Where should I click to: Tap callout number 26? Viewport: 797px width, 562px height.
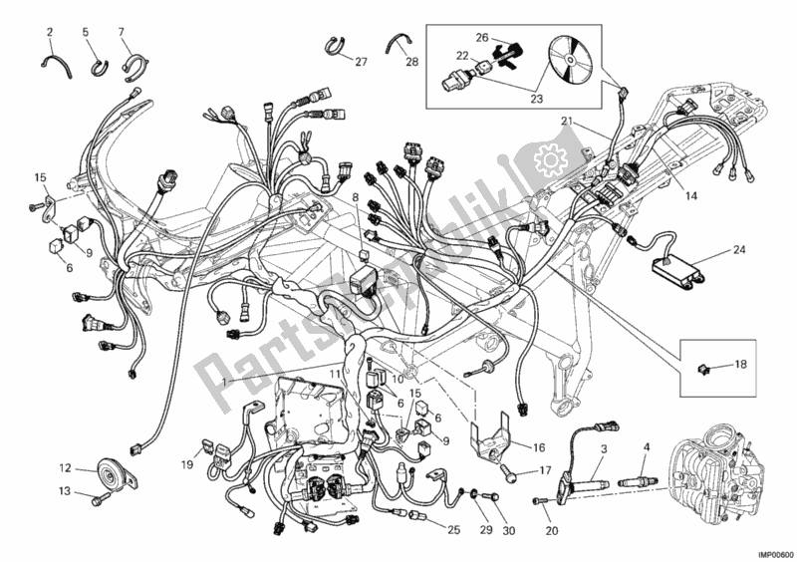pos(482,38)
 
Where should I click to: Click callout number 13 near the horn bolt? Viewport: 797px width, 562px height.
pos(64,490)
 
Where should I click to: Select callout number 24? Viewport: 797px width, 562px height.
pos(738,250)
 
